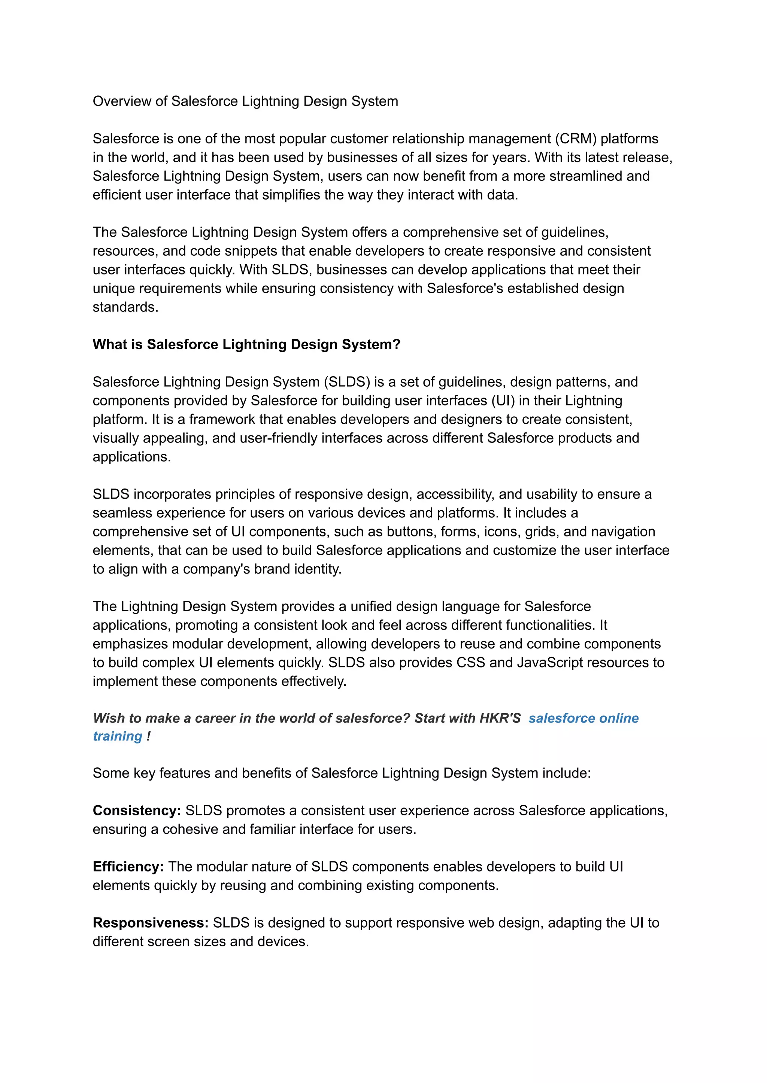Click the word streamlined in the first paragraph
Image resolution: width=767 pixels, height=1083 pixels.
(x=586, y=176)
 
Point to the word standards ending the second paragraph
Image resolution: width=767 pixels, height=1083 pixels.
(x=125, y=307)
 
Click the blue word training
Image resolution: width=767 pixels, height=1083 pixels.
(x=118, y=736)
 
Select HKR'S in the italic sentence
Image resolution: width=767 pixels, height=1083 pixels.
(x=500, y=718)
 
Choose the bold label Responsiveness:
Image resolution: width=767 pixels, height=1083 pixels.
(x=150, y=923)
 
